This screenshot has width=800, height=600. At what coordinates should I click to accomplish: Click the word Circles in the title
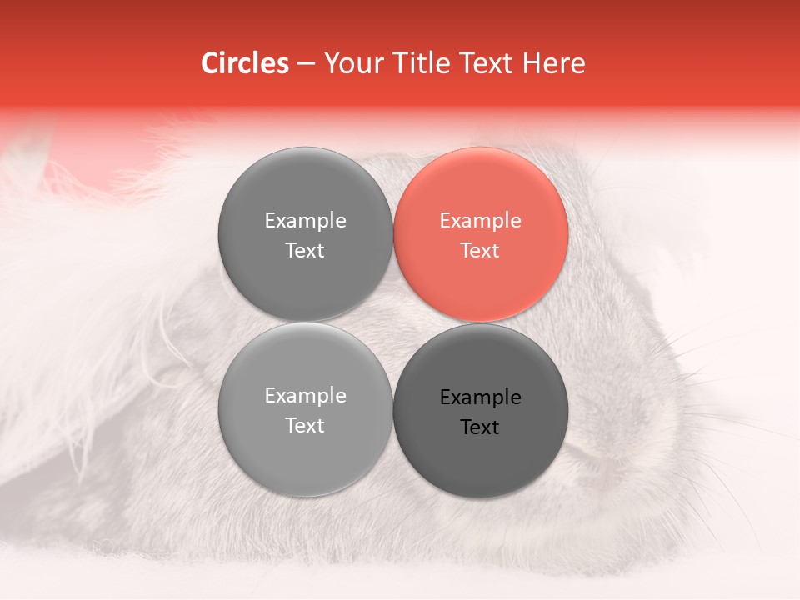pos(244,63)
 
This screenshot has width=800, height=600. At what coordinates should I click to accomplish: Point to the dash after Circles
pos(306,64)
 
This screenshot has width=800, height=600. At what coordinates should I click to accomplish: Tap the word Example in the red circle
pos(480,220)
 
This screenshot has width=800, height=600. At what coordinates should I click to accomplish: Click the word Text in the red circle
pos(480,250)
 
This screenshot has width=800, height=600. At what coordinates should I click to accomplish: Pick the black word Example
pos(480,397)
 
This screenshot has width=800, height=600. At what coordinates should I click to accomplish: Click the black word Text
pos(480,427)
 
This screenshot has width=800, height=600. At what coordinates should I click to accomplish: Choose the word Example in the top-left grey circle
pos(305,220)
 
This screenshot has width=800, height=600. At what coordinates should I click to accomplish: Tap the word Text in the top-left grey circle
pos(305,250)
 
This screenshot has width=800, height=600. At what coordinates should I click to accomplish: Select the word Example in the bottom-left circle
pos(305,395)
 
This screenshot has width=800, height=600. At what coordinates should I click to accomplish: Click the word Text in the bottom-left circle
pos(305,425)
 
